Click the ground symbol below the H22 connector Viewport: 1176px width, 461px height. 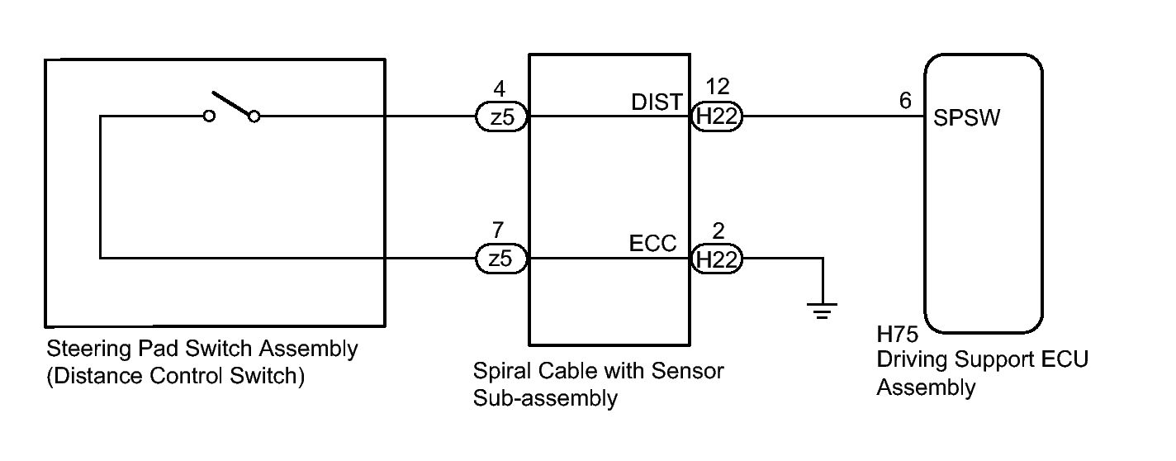(823, 311)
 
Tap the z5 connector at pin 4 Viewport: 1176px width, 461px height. (501, 116)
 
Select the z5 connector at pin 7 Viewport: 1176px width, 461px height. (501, 259)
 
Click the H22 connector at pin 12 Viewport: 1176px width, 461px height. (716, 116)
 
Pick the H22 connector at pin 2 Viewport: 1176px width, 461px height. (716, 259)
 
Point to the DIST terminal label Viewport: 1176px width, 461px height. (657, 102)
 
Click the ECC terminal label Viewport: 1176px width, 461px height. (652, 243)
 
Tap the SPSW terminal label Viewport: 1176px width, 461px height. (966, 117)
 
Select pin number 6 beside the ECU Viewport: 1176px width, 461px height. (905, 100)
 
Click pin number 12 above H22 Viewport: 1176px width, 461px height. (718, 86)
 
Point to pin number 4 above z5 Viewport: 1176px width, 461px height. (500, 88)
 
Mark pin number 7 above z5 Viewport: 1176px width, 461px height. (498, 230)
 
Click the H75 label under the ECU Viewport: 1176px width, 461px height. (897, 334)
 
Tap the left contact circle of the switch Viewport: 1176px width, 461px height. (209, 116)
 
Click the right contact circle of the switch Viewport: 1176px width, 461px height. (254, 116)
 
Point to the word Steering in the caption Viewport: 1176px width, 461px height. (88, 349)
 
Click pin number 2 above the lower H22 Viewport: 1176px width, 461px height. (718, 230)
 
